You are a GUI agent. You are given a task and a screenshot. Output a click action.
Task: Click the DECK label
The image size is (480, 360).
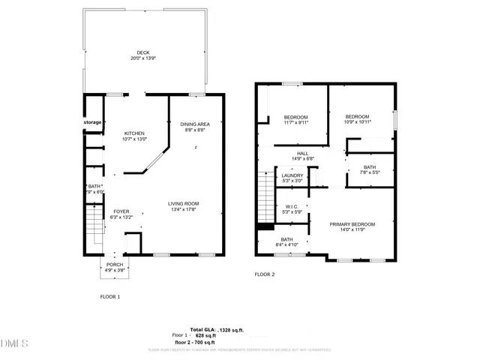(x=142, y=52)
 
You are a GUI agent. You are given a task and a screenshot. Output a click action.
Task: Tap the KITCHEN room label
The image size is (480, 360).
(x=135, y=132)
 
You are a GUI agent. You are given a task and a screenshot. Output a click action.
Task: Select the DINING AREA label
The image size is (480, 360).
(x=195, y=124)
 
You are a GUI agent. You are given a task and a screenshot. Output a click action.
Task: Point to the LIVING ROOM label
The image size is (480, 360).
(x=183, y=203)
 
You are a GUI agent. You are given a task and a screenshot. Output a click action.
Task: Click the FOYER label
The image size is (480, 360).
(x=121, y=211)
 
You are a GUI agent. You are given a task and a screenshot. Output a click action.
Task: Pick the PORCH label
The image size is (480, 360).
(x=115, y=264)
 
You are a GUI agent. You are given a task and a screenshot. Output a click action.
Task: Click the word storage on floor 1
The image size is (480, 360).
(x=92, y=122)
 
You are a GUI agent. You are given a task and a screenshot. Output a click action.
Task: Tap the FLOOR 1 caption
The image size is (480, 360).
(x=110, y=297)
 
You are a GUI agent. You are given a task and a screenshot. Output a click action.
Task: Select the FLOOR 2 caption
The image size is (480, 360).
(x=265, y=274)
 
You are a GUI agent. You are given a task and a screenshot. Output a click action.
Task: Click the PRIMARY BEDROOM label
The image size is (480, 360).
(x=352, y=224)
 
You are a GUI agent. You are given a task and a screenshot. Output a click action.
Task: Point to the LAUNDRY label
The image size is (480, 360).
(x=292, y=175)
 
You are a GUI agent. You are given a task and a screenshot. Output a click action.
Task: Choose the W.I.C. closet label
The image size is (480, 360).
(x=292, y=206)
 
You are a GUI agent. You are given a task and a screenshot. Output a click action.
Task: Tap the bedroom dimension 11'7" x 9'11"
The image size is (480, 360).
(x=295, y=123)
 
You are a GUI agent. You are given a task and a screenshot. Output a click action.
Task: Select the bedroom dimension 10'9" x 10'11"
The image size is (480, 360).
(x=357, y=122)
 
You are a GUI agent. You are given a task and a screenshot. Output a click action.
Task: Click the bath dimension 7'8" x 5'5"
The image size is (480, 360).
(x=370, y=172)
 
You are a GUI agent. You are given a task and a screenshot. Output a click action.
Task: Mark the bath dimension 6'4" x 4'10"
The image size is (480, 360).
(x=287, y=244)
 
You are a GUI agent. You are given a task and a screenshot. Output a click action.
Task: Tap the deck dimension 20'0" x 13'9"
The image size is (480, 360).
(x=142, y=58)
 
